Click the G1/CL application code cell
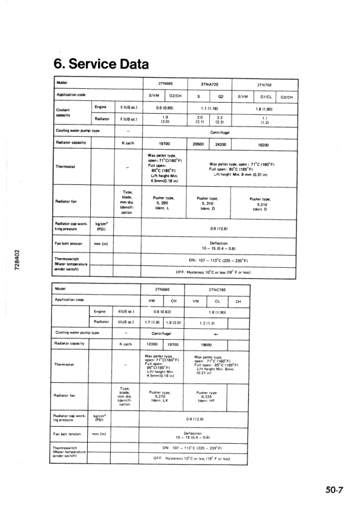click(x=265, y=96)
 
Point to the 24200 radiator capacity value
click(x=220, y=144)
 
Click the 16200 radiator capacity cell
click(x=265, y=144)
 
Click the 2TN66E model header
click(x=162, y=290)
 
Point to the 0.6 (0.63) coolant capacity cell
click(x=162, y=311)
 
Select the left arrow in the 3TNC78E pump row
click(x=217, y=332)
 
